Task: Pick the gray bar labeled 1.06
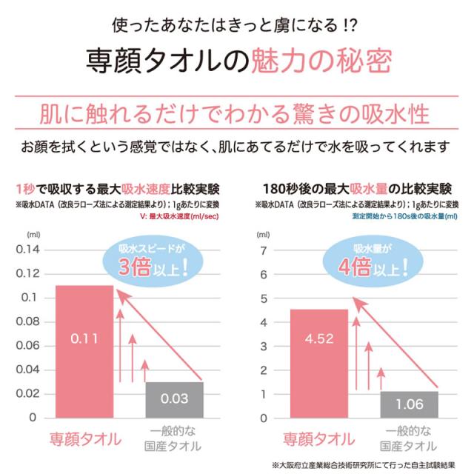[410, 404]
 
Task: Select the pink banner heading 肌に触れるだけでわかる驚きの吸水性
[236, 115]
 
